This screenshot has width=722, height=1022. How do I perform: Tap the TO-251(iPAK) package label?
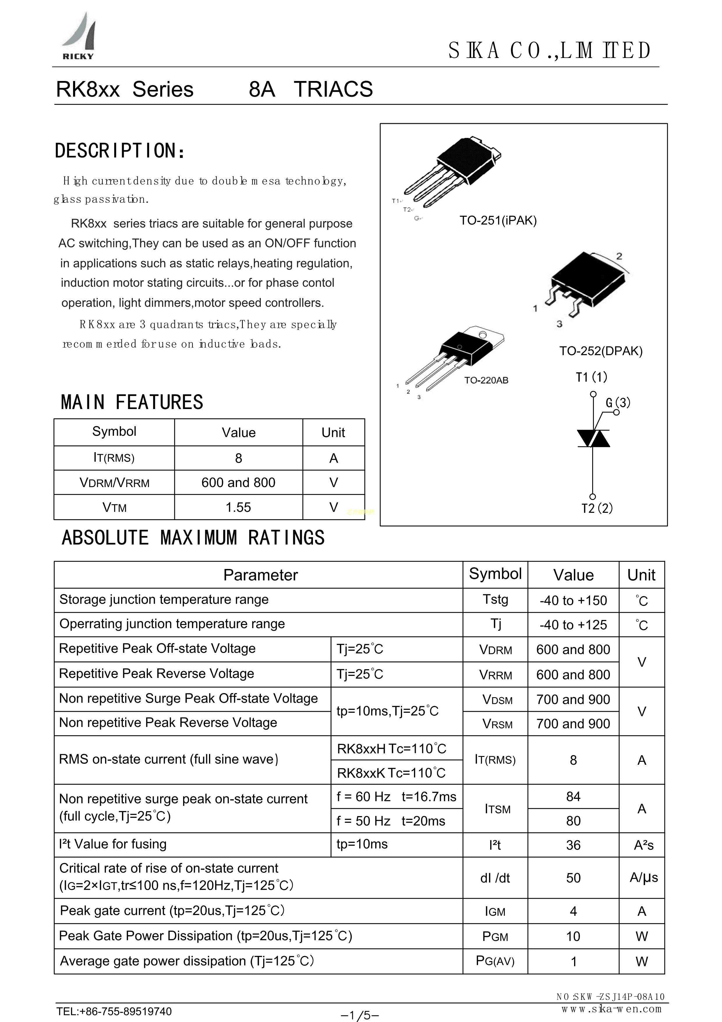pos(498,221)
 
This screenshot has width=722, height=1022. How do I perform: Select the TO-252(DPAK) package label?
pos(601,351)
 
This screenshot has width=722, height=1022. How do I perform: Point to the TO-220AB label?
pos(486,380)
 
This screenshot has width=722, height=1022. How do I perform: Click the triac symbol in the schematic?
pos(593,438)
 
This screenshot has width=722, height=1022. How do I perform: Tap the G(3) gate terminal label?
pos(618,403)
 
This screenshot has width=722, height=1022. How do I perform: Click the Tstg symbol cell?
pos(495,600)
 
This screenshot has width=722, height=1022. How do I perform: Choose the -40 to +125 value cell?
pos(573,625)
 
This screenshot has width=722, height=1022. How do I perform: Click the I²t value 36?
pos(573,845)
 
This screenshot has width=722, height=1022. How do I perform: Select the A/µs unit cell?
pos(643,878)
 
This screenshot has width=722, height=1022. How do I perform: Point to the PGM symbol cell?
pos(495,937)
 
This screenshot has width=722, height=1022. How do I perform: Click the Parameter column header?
pos(260,575)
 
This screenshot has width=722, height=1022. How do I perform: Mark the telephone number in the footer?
pos(114,1011)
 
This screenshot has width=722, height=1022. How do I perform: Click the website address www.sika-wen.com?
pos(611,1009)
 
